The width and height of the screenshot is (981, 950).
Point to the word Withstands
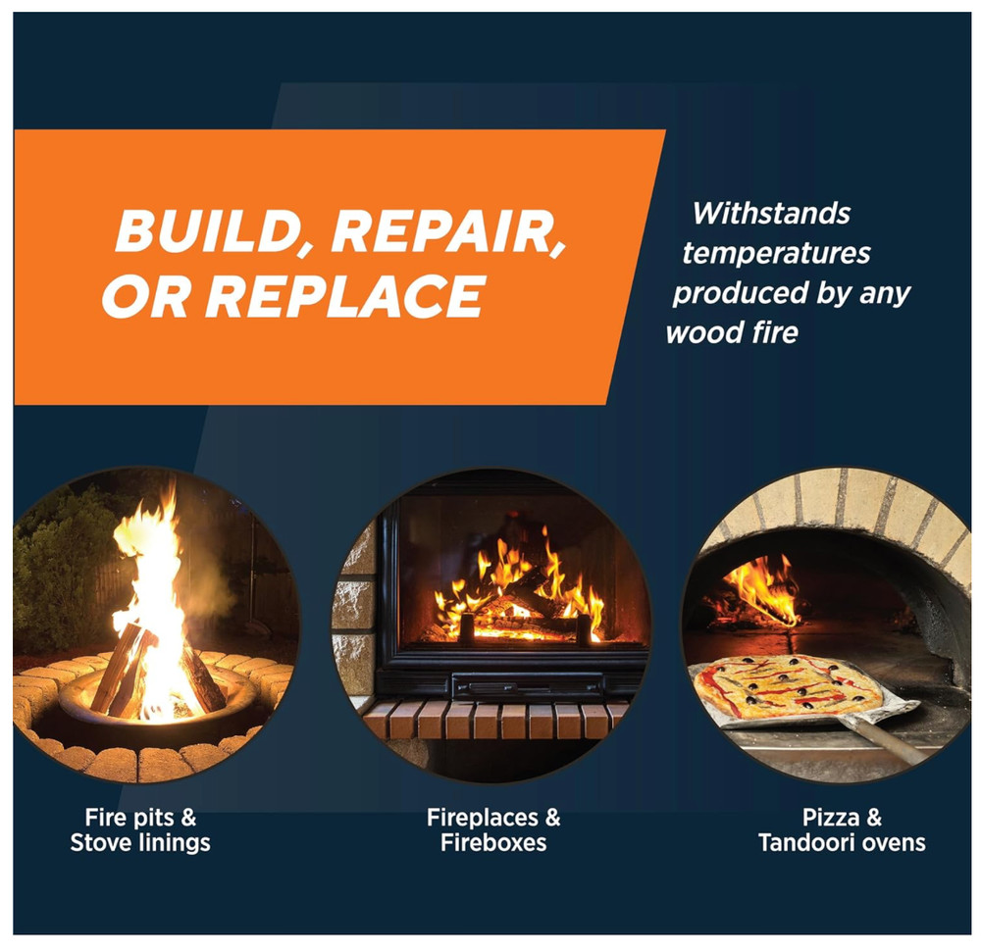click(771, 213)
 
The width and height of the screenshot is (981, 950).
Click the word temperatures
click(776, 253)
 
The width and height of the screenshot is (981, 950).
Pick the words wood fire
click(732, 332)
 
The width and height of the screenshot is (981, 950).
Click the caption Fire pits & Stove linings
click(140, 829)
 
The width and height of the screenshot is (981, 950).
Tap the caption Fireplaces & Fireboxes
click(493, 829)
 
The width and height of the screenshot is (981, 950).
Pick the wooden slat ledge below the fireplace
click(490, 720)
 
